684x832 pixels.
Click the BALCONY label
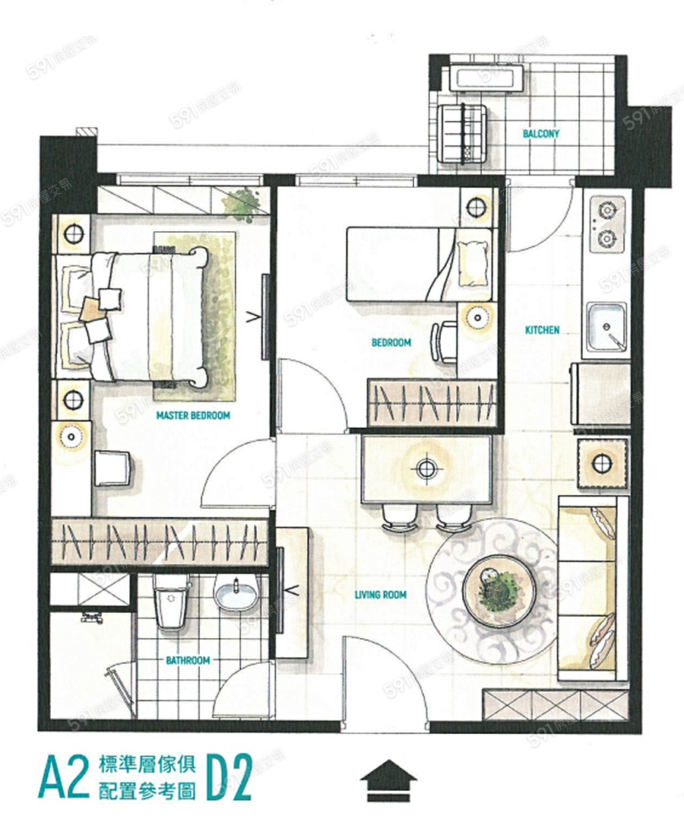pyautogui.click(x=541, y=134)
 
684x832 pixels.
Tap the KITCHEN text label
pyautogui.click(x=542, y=330)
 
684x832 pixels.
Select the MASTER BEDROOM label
pyautogui.click(x=193, y=415)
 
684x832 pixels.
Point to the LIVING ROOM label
pyautogui.click(x=380, y=595)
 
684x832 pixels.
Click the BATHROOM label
pyautogui.click(x=188, y=661)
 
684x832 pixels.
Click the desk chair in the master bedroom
pyautogui.click(x=114, y=468)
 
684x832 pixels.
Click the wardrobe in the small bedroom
pyautogui.click(x=432, y=403)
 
